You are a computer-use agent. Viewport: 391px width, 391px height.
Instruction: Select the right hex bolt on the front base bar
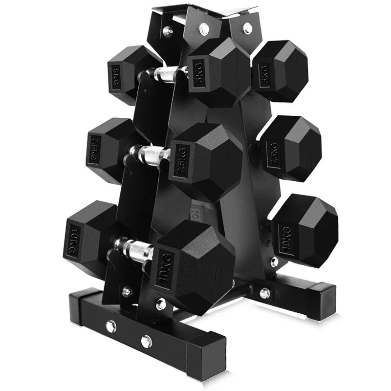145,340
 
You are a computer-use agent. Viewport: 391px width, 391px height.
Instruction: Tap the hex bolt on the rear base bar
265,293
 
